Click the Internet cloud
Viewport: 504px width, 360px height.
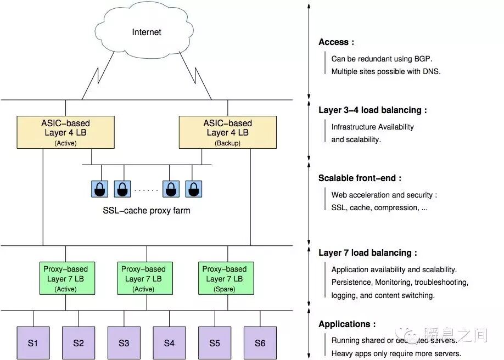pyautogui.click(x=147, y=32)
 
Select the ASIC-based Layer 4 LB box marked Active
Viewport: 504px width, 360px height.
pyautogui.click(x=65, y=132)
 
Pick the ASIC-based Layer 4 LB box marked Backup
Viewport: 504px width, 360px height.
pyautogui.click(x=227, y=132)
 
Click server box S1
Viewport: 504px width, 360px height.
pyautogui.click(x=33, y=343)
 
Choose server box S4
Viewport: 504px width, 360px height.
pyautogui.click(x=169, y=343)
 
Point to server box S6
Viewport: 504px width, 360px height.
pyautogui.click(x=260, y=343)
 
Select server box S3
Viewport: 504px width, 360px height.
pyautogui.click(x=124, y=343)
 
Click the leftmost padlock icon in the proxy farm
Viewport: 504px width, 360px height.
pyautogui.click(x=99, y=189)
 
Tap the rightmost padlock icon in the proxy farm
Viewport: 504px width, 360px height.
pyautogui.click(x=193, y=189)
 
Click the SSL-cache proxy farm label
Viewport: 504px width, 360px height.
pyautogui.click(x=147, y=210)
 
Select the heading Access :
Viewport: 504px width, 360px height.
pyautogui.click(x=336, y=42)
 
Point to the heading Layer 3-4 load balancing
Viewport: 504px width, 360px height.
pyautogui.click(x=372, y=110)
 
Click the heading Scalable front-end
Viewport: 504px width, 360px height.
pyautogui.click(x=360, y=178)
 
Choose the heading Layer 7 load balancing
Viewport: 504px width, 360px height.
pyautogui.click(x=367, y=253)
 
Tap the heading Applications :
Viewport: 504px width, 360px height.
pyautogui.click(x=347, y=324)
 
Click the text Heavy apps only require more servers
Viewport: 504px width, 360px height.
pyautogui.click(x=396, y=353)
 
